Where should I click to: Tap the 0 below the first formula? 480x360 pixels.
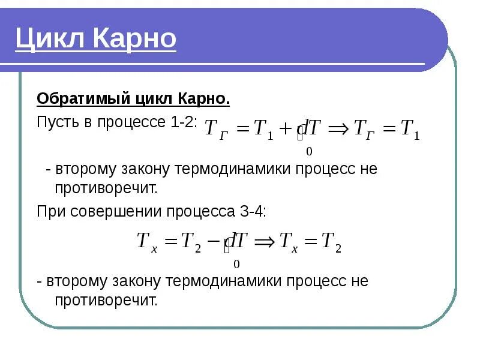point(309,152)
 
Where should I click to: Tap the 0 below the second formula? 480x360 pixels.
point(236,264)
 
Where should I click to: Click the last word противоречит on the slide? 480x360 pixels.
point(106,300)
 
